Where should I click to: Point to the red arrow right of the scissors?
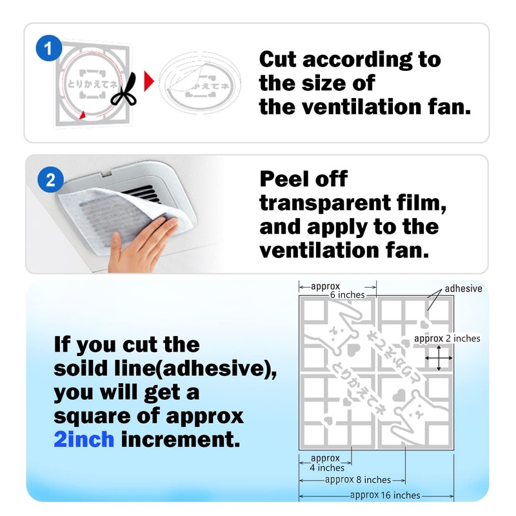point(148,81)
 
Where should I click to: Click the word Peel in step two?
point(285,179)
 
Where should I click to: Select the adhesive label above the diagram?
point(462,288)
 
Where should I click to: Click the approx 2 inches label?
point(447,338)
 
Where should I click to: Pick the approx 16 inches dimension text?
point(384,495)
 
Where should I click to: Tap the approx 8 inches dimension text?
point(358,480)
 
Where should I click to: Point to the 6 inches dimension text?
point(347,295)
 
